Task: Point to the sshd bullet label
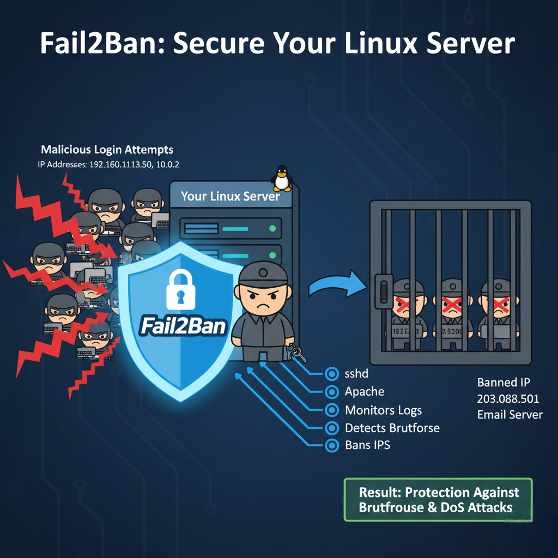pyautogui.click(x=357, y=374)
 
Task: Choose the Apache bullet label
pyautogui.click(x=364, y=392)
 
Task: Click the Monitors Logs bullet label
pyautogui.click(x=383, y=410)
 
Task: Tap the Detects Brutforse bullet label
pyautogui.click(x=392, y=428)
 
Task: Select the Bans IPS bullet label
pyautogui.click(x=367, y=445)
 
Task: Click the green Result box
pyautogui.click(x=438, y=500)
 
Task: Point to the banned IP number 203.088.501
pyautogui.click(x=507, y=398)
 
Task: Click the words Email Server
pyautogui.click(x=510, y=415)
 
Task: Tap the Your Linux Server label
pyautogui.click(x=230, y=196)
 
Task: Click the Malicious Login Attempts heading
pyautogui.click(x=107, y=149)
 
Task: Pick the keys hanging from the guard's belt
pyautogui.click(x=298, y=354)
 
